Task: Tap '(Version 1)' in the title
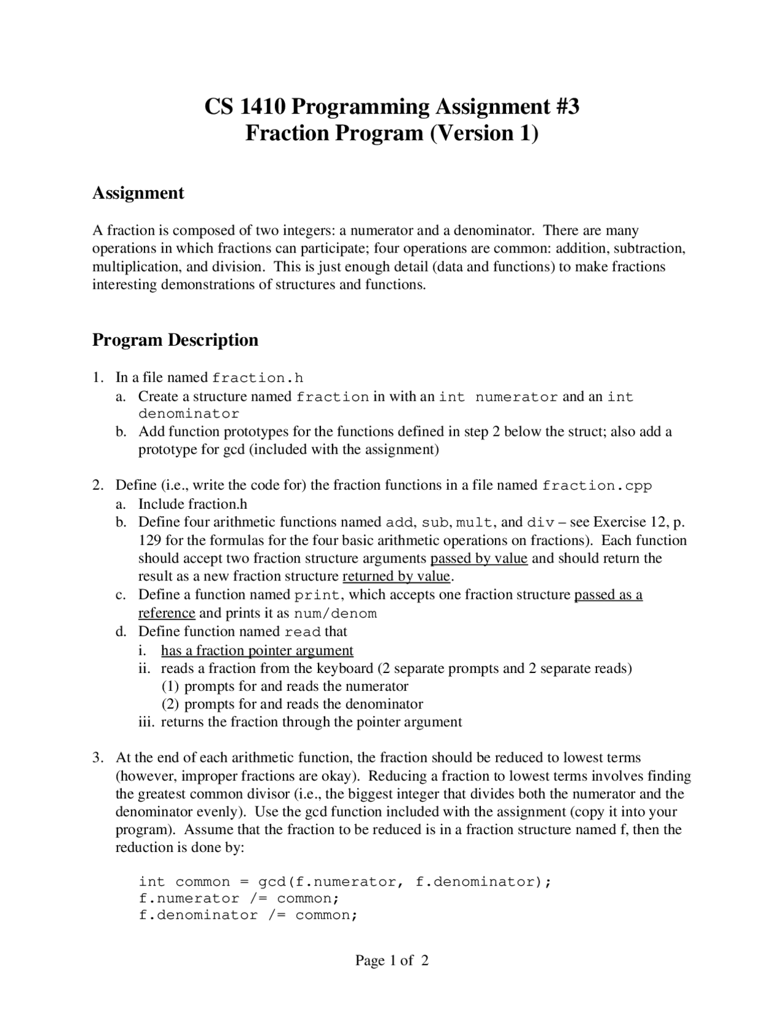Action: point(483,133)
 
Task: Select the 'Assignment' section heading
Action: point(138,193)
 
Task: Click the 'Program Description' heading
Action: point(175,340)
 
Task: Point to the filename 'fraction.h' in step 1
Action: point(258,378)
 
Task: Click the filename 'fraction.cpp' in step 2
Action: point(597,486)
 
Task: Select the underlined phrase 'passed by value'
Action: point(479,558)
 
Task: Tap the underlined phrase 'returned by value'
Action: point(396,577)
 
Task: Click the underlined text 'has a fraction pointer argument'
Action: point(257,650)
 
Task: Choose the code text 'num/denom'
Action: point(335,614)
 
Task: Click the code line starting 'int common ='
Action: point(345,882)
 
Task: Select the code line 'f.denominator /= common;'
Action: point(248,915)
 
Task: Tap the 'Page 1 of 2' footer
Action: point(392,960)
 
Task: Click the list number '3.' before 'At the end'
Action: point(99,758)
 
